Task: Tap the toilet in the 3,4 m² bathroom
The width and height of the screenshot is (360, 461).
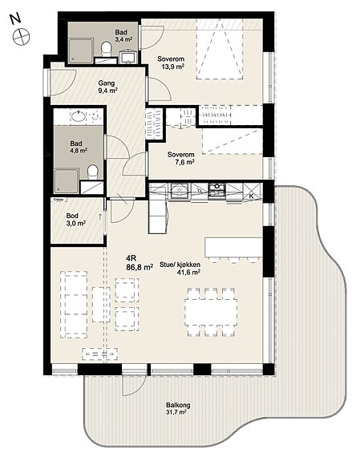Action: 106,49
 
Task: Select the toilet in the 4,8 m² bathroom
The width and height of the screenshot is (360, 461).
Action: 93,172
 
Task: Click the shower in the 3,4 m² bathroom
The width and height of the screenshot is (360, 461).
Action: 81,51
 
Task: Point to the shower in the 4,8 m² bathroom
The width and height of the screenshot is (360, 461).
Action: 67,181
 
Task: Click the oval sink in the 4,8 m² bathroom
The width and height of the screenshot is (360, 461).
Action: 79,116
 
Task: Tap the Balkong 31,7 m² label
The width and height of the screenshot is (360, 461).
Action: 178,408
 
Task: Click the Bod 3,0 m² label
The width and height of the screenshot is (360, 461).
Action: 75,220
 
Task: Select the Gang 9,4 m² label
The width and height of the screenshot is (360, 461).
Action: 107,87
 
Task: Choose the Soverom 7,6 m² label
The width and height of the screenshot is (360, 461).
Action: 181,158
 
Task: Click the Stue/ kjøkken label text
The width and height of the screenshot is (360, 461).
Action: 180,265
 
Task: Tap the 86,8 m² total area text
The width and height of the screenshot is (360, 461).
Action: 140,268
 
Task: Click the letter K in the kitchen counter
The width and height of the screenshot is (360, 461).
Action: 252,196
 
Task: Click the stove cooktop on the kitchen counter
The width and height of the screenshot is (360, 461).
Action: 216,190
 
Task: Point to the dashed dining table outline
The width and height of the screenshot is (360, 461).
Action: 211,312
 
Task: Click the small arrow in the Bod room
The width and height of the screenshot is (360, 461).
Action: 100,216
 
